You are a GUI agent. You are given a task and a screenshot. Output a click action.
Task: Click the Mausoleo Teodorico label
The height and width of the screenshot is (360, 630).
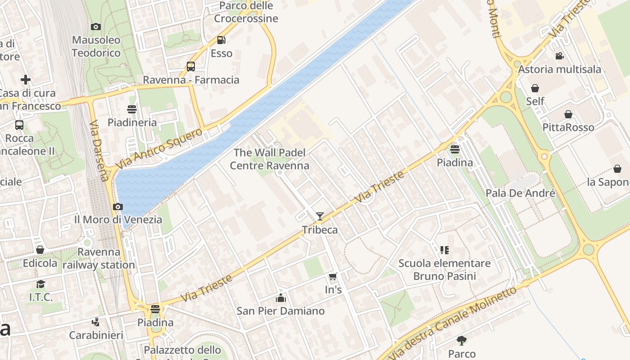[x=96, y=46]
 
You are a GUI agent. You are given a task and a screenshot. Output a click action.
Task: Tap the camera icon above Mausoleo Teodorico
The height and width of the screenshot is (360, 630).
[x=96, y=27]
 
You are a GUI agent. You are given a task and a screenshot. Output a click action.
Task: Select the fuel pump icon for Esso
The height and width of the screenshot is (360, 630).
[x=221, y=40]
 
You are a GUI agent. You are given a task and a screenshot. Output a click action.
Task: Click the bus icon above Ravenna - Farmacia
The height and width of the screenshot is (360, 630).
[x=191, y=67]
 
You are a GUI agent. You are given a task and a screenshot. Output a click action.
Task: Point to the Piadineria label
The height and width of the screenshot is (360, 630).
[x=132, y=122]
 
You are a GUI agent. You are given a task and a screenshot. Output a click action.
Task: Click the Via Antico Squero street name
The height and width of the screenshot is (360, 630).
[x=159, y=149]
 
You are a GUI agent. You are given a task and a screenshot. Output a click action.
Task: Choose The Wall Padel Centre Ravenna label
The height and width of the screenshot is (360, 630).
[x=270, y=159]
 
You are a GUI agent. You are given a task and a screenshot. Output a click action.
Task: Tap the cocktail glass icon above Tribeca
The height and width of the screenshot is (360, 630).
[x=319, y=216]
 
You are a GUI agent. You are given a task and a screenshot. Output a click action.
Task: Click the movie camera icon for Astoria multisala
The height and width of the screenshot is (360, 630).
[x=559, y=56]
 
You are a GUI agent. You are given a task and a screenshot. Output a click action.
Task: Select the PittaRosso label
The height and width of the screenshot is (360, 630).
[x=568, y=127]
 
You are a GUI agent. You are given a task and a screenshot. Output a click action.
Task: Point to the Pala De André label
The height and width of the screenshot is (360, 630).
[x=520, y=193]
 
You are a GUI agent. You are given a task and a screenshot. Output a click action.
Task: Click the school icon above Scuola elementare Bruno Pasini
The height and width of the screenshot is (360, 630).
[x=445, y=250]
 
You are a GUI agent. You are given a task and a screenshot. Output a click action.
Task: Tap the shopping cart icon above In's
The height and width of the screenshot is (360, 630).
[x=333, y=277]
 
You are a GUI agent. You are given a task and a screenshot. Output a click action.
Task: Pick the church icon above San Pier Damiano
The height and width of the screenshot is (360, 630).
[x=281, y=298]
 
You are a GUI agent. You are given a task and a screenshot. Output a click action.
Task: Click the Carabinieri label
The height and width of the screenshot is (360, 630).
[x=96, y=335]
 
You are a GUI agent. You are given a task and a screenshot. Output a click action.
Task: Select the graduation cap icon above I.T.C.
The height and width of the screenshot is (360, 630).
[x=41, y=284]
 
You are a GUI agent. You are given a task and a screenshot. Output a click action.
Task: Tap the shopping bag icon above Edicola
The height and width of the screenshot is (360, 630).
[x=40, y=250]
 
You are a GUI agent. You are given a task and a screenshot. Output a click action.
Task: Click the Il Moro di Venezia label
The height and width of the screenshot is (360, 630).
[x=118, y=220]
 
